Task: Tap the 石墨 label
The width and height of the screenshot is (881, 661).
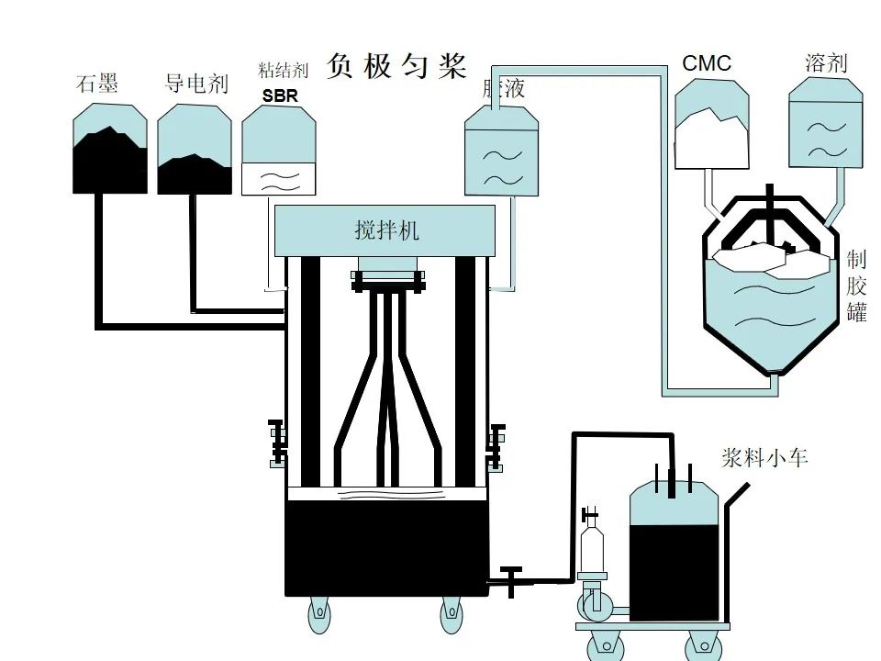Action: tap(97, 84)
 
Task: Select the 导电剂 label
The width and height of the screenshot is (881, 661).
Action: tap(195, 84)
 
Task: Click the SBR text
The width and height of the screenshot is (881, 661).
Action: tap(280, 95)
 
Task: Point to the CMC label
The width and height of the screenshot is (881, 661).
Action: tap(707, 63)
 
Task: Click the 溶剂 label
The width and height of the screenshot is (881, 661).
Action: tap(826, 63)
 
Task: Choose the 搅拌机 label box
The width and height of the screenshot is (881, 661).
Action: tap(385, 230)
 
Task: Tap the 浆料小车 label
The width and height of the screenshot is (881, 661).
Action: tap(764, 458)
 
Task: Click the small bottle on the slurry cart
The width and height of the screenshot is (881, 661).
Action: tap(593, 542)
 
